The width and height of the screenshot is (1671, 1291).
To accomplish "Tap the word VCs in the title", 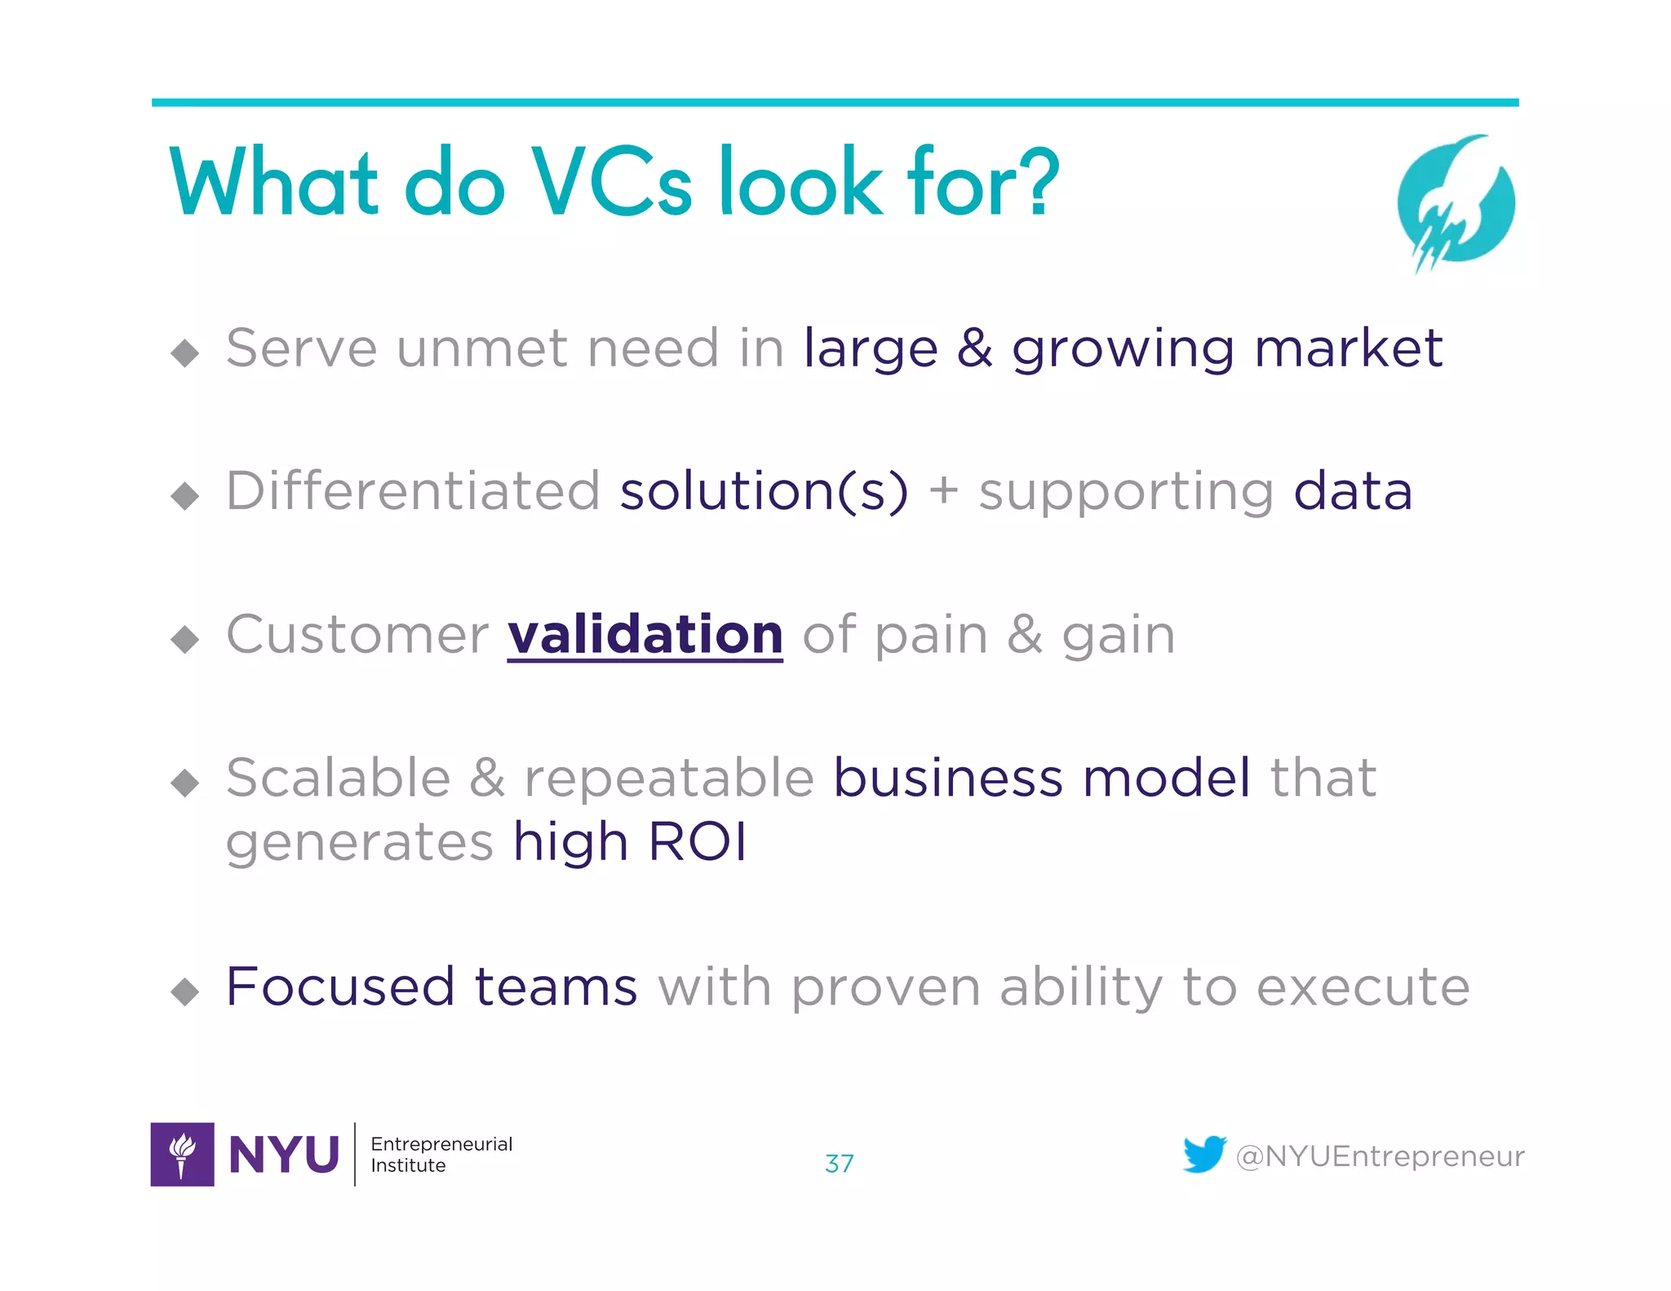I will [x=612, y=183].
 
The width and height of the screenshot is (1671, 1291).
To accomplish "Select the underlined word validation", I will [x=645, y=635].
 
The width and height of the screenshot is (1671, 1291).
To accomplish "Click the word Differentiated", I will [x=413, y=491].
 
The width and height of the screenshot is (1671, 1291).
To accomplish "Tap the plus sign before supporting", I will [x=943, y=491].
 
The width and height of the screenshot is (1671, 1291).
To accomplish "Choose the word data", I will [x=1353, y=491].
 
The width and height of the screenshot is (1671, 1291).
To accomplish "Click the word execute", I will [x=1363, y=987].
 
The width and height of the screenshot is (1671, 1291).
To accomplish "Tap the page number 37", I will [x=839, y=1164].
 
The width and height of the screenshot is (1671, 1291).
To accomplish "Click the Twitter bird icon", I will [x=1204, y=1154].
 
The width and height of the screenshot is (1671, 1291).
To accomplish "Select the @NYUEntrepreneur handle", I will [x=1380, y=1156].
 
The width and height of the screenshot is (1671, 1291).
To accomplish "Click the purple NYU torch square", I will [x=182, y=1154].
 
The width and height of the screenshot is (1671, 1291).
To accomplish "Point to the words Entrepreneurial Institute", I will [x=441, y=1154].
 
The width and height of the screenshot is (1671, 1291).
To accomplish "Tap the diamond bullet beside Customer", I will [x=185, y=639].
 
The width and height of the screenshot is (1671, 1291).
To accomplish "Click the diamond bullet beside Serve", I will [x=185, y=353].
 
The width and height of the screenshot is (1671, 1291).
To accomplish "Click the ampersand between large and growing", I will [x=974, y=349].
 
